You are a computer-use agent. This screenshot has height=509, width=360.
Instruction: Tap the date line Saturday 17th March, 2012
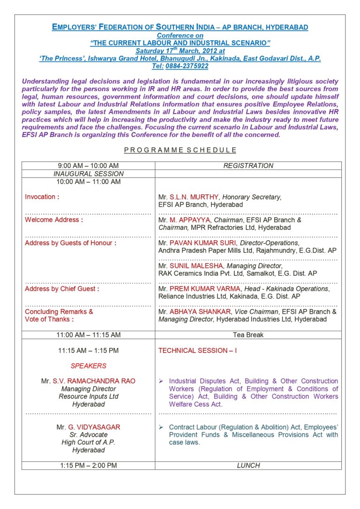click(x=180, y=51)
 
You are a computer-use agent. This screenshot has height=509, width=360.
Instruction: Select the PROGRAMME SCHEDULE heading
click(x=180, y=150)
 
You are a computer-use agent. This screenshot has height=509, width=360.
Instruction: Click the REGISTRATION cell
click(x=248, y=166)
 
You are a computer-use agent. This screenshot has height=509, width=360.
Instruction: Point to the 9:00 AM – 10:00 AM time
click(x=88, y=166)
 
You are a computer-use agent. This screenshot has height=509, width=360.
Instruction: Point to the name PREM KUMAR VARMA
click(x=205, y=289)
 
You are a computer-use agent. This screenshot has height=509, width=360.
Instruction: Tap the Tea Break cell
click(x=248, y=335)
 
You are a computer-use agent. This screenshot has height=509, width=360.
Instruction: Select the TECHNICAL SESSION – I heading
click(x=197, y=350)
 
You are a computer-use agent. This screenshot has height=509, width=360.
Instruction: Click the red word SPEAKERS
click(x=89, y=366)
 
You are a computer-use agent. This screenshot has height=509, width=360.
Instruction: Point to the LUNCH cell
click(x=248, y=465)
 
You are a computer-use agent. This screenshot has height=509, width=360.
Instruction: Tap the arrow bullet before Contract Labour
click(x=161, y=427)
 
